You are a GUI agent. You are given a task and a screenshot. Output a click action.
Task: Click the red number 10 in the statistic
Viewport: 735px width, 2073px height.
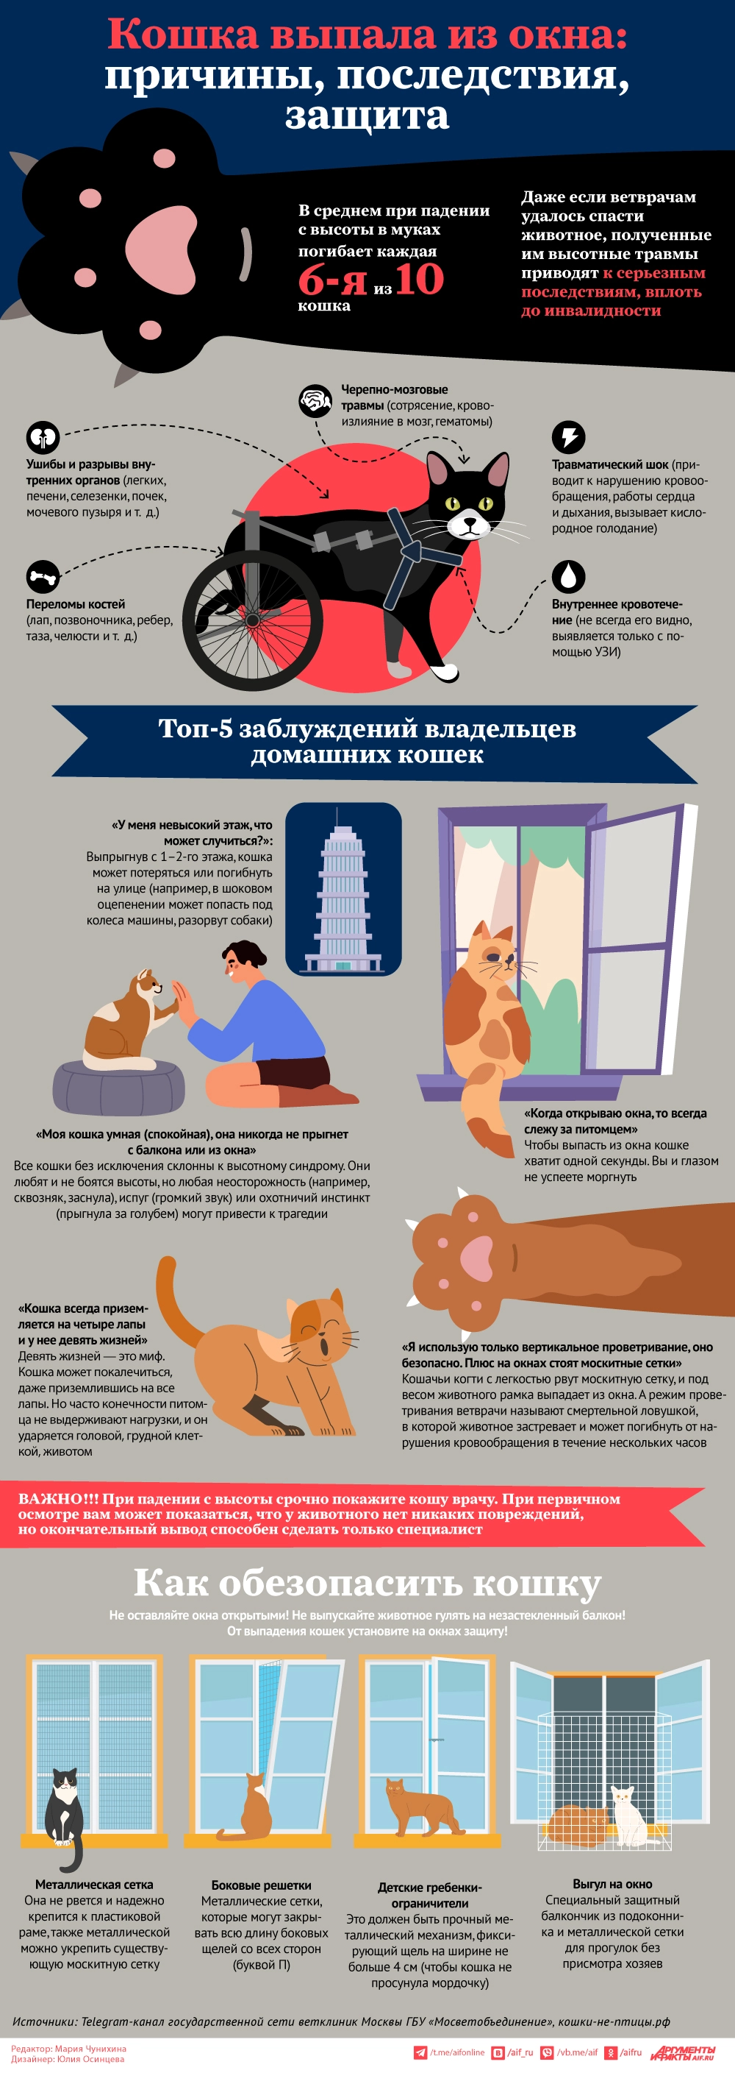click(x=419, y=279)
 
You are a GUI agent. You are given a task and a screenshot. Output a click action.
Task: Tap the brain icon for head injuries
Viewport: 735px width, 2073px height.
click(x=315, y=400)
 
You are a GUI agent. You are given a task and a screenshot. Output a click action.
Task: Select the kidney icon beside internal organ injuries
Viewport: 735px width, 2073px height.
click(x=43, y=437)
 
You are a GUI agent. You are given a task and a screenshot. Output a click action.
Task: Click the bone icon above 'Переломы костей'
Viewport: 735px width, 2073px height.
click(x=43, y=576)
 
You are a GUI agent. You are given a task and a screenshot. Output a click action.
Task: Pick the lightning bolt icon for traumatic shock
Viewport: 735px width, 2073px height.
click(x=567, y=437)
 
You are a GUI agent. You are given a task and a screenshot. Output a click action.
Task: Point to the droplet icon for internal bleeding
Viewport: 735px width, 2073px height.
click(x=567, y=576)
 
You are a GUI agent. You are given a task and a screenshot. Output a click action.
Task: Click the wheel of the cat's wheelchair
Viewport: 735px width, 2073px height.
click(x=253, y=620)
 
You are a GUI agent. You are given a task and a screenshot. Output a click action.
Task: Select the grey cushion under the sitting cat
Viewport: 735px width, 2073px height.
click(x=118, y=1086)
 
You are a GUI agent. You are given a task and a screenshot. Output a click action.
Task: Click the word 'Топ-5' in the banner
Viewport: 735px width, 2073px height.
click(x=196, y=729)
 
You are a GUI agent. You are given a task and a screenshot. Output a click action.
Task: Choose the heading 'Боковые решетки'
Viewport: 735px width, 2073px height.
click(x=260, y=1885)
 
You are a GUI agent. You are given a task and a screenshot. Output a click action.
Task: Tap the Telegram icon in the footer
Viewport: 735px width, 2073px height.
click(x=420, y=2053)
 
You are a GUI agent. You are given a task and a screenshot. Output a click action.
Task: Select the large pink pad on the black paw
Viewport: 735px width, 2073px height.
click(x=161, y=247)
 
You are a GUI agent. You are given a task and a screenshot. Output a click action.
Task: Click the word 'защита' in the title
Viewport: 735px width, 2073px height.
click(x=367, y=115)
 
